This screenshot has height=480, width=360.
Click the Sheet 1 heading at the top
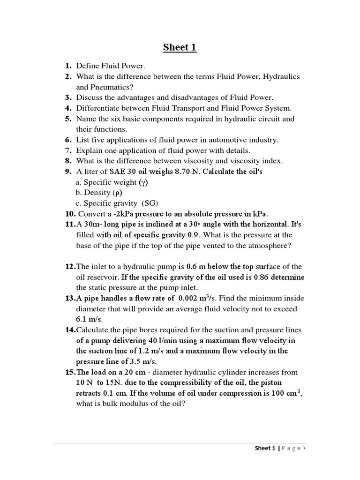(180, 47)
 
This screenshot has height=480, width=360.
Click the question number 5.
(68, 119)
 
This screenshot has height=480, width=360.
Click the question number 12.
(70, 267)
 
